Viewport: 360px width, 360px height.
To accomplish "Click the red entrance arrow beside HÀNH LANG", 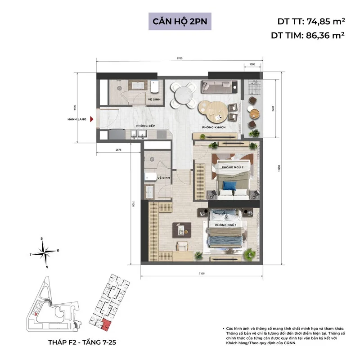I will coord(92,119).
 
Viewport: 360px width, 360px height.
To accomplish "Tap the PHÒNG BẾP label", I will coord(146,126).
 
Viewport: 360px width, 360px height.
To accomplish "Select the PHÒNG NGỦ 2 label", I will coord(233,167).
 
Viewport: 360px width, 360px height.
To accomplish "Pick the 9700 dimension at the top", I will coord(180,58).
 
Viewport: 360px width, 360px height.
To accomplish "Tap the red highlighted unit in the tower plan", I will coord(106,323).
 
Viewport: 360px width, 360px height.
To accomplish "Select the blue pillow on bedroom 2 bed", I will coord(230,185).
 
